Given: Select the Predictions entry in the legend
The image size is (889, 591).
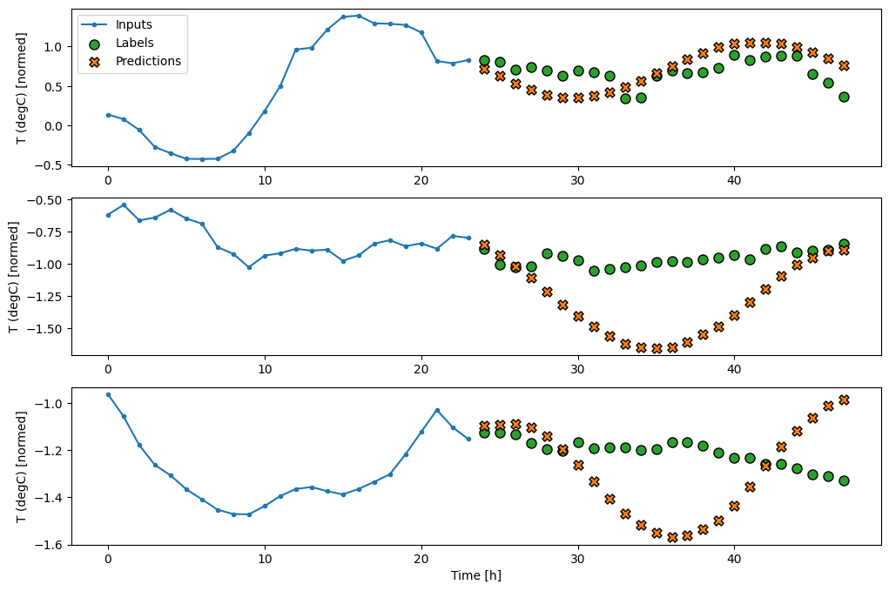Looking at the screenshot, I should click(148, 61).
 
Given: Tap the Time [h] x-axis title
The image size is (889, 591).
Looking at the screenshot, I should click(475, 575).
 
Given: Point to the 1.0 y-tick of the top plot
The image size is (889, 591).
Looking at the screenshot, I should click(53, 46).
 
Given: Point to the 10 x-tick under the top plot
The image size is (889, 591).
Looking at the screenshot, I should click(264, 180).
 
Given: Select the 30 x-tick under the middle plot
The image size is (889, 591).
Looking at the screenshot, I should click(577, 370).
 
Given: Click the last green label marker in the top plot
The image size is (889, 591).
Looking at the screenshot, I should click(844, 97).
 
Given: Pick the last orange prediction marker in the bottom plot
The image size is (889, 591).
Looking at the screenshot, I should click(844, 400).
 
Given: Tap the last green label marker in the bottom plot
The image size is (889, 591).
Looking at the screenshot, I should click(844, 480).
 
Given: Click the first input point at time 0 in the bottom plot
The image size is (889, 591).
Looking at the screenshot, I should click(108, 394).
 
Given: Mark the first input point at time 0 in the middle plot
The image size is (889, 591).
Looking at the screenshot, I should click(108, 215).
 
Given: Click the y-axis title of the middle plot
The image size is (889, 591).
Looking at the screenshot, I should click(14, 277).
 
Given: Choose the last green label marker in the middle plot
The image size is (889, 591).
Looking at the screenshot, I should click(844, 244).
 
